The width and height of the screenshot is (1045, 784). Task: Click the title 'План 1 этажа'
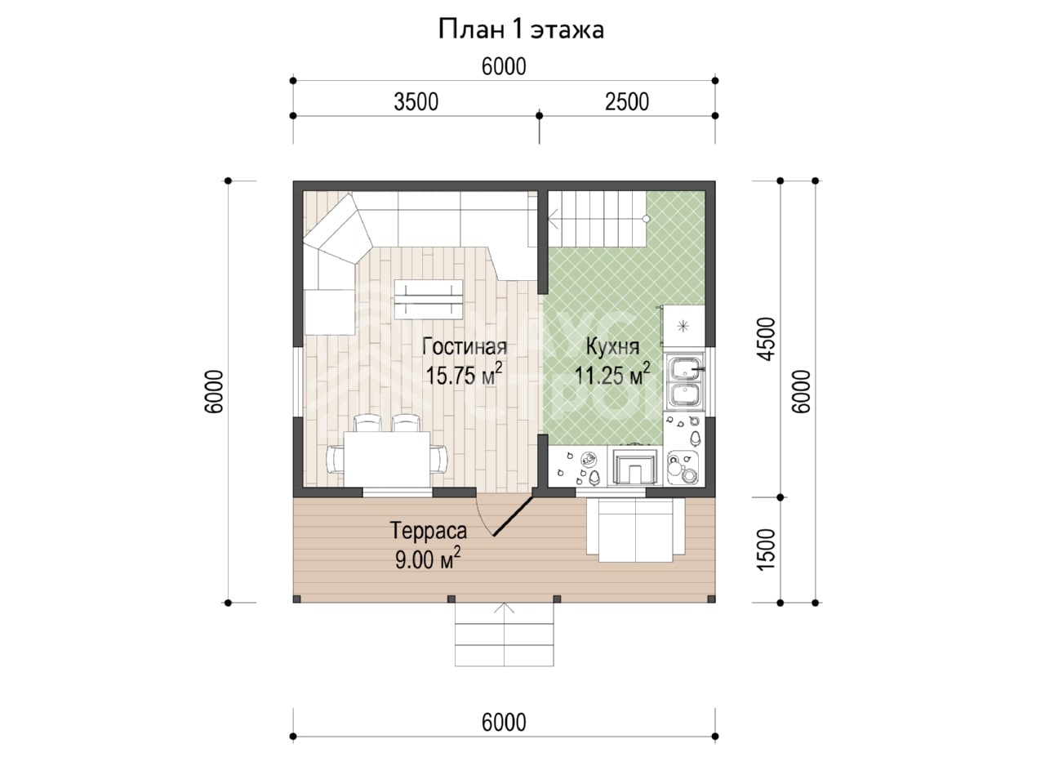521,29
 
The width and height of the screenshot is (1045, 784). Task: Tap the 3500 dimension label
416,102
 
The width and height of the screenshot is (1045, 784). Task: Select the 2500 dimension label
627,102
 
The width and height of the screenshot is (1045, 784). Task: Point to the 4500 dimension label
767,339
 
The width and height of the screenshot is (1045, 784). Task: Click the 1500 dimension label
767,550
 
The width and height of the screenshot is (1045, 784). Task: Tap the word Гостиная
465,346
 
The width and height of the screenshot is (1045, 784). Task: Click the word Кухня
613,346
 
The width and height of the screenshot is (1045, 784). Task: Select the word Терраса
429,531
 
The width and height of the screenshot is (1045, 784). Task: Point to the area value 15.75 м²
465,375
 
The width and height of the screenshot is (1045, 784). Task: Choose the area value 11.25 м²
612,375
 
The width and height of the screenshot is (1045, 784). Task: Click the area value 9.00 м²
428,559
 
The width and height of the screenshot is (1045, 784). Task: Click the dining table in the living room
387,459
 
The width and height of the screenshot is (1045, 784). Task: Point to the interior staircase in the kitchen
597,219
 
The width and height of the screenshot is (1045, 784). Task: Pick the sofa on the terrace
636,530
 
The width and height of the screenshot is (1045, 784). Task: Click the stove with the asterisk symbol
684,326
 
